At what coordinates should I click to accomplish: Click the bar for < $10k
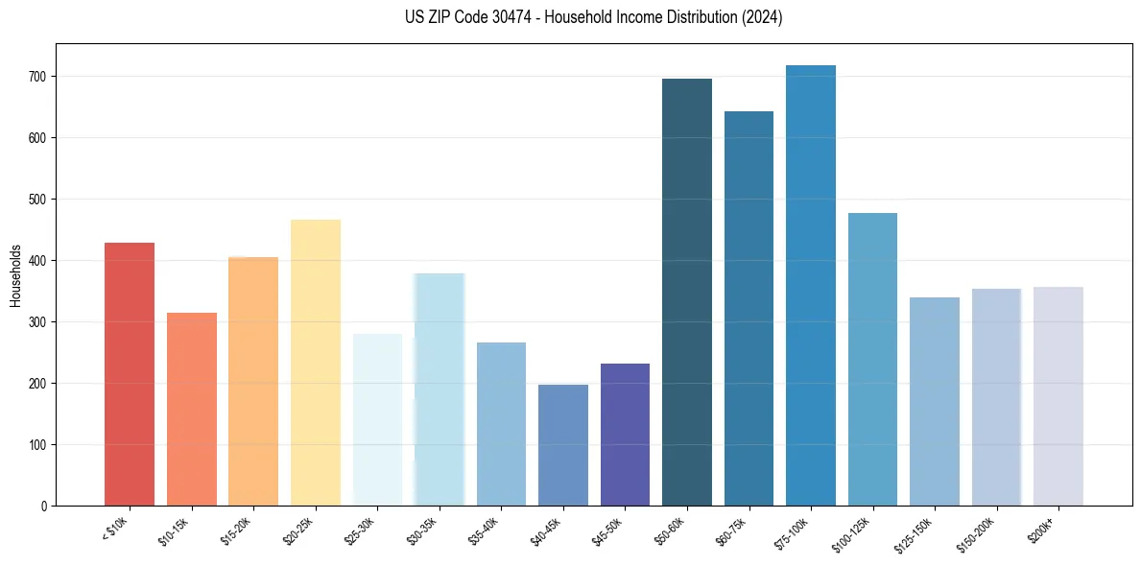pos(130,374)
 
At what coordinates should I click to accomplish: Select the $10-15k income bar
pos(192,409)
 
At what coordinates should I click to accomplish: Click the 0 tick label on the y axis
pos(44,507)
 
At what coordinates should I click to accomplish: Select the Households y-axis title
pos(15,275)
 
